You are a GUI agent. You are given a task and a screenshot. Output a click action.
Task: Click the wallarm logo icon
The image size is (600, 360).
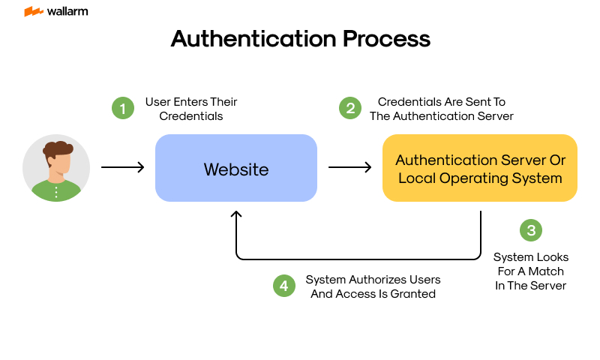(x=33, y=12)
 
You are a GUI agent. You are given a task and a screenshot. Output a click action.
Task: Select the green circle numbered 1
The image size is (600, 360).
(x=122, y=108)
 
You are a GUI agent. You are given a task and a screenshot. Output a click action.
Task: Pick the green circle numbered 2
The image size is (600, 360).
(x=349, y=108)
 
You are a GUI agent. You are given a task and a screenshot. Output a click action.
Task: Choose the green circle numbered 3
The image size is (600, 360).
(x=531, y=229)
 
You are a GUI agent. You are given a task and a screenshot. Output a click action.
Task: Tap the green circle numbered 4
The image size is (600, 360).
(x=283, y=286)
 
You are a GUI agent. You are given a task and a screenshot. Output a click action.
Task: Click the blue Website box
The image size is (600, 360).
(x=235, y=168)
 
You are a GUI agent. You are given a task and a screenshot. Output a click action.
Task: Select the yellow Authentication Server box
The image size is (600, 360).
(x=480, y=168)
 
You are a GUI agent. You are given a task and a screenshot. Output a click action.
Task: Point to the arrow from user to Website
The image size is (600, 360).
(x=122, y=167)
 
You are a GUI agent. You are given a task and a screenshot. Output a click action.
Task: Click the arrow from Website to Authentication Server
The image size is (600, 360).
(x=349, y=167)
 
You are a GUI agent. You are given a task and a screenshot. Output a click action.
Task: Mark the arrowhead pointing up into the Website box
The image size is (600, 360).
(x=236, y=215)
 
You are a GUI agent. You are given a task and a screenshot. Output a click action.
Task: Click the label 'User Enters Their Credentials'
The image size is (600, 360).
(x=191, y=109)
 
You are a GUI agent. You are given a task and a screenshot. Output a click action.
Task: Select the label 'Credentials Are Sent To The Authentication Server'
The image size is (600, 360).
(x=441, y=109)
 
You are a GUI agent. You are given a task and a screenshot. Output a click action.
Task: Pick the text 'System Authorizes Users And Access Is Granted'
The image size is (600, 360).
(x=373, y=286)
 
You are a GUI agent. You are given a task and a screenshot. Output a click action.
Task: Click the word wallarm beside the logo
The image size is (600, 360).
(x=66, y=12)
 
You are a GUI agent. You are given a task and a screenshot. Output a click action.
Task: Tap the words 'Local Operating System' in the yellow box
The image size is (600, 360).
(x=480, y=178)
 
